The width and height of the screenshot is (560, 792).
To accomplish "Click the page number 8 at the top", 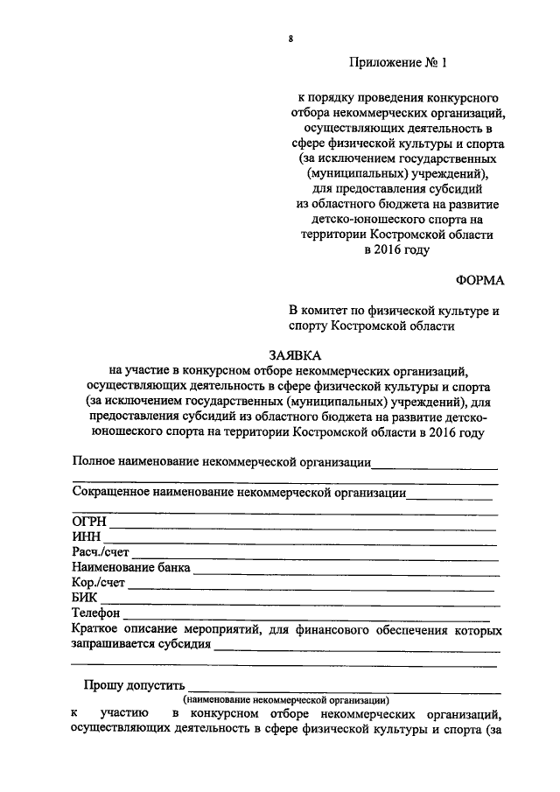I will pyautogui.click(x=289, y=39).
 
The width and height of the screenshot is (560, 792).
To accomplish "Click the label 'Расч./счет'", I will pyautogui.click(x=101, y=553).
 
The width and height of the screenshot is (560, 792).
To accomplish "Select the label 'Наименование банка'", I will pyautogui.click(x=131, y=568).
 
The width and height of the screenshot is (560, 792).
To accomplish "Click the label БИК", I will pyautogui.click(x=86, y=598).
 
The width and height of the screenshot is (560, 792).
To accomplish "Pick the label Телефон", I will pyautogui.click(x=96, y=613).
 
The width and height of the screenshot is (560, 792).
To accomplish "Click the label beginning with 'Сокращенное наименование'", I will pyautogui.click(x=239, y=492).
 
